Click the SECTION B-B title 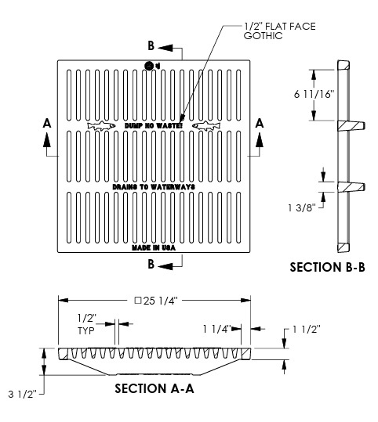pyautogui.click(x=328, y=267)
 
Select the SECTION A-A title pyautogui.click(x=154, y=388)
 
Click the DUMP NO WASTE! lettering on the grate pyautogui.click(x=153, y=125)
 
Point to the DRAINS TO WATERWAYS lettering pyautogui.click(x=153, y=187)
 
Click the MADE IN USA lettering pyautogui.click(x=153, y=247)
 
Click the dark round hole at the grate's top pyautogui.click(x=150, y=67)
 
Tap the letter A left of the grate pyautogui.click(x=47, y=123)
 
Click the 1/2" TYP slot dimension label pyautogui.click(x=86, y=325)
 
